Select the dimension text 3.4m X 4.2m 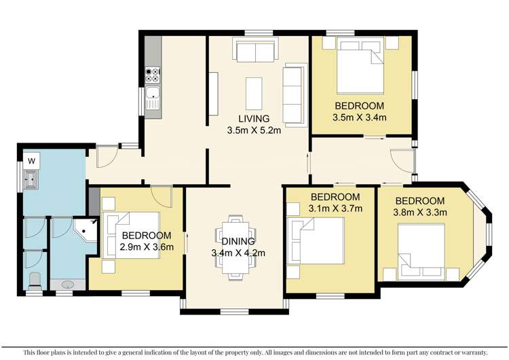[238, 253]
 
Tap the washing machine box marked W [31, 161]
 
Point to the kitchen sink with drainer [153, 98]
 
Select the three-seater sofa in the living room [295, 94]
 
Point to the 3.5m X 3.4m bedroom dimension [360, 117]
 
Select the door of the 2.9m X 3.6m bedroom [161, 195]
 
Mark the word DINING [238, 241]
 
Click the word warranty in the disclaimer [469, 353]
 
